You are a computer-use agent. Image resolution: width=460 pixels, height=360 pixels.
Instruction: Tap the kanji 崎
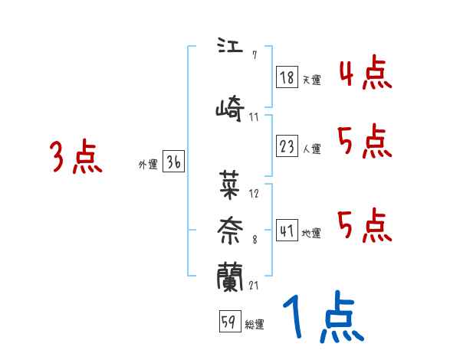coord(231,110)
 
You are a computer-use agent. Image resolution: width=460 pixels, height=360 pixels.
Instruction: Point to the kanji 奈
coord(231,229)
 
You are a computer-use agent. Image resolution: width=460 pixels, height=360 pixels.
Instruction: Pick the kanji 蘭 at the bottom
coord(231,277)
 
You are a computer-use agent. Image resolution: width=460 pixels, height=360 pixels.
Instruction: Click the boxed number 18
coord(287,77)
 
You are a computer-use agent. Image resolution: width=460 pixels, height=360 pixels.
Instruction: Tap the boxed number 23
coord(287,147)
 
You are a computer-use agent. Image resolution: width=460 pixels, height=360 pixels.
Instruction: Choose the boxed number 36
coord(173,162)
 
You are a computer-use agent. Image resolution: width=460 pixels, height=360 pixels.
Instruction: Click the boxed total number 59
coord(228,322)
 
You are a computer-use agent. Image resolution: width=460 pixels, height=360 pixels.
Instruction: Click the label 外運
coord(147,164)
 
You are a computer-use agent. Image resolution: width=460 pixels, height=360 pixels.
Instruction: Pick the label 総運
coord(255,325)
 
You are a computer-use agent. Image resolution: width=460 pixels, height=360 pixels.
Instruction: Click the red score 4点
coord(365,74)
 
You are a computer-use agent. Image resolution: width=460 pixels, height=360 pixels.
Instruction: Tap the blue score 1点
coord(322,318)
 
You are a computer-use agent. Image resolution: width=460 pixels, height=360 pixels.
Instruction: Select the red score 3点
coord(76,157)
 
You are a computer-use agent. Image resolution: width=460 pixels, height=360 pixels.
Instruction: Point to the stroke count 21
coord(254,286)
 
